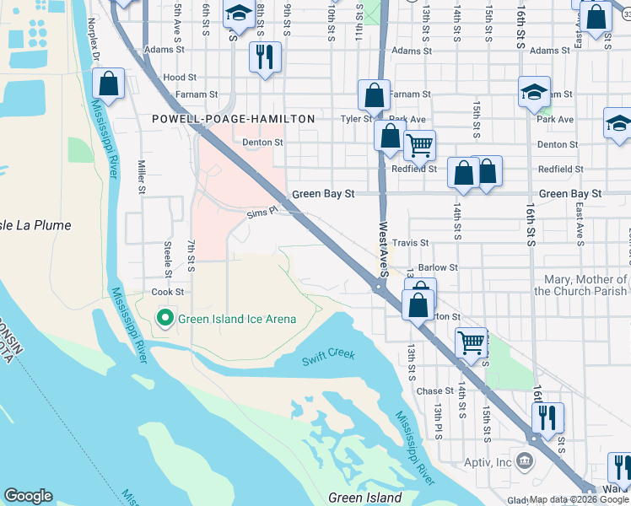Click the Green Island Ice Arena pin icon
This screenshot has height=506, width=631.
165,319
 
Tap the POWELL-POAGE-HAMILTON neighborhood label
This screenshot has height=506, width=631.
233,120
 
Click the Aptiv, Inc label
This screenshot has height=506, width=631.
488,462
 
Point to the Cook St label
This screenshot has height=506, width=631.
167,292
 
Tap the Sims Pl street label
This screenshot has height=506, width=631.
262,214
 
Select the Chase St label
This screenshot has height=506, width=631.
435,391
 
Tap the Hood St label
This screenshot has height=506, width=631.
180,77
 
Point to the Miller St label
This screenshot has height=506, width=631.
143,178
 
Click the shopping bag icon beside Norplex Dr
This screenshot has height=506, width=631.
109,84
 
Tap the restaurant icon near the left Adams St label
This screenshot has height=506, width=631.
265,57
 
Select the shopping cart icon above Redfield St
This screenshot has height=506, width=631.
419,144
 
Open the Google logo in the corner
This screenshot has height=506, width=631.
28,495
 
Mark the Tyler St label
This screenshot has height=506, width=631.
355,119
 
